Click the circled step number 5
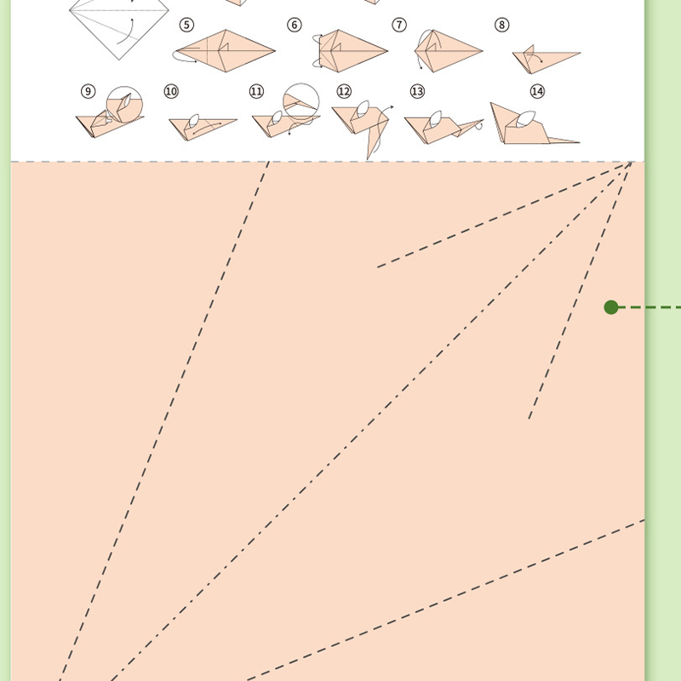click(x=187, y=25)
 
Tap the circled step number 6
click(x=295, y=25)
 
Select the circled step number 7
click(x=399, y=25)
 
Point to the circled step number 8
click(x=502, y=25)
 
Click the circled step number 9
click(x=89, y=91)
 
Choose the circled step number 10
click(x=171, y=91)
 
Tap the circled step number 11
click(x=256, y=91)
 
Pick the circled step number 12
click(x=344, y=91)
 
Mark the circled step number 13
click(x=417, y=91)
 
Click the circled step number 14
click(x=537, y=91)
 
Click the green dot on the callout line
click(x=611, y=307)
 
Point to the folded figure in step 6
click(x=349, y=50)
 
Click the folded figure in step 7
click(x=447, y=50)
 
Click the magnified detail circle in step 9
click(x=125, y=103)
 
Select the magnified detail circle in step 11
click(x=300, y=100)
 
